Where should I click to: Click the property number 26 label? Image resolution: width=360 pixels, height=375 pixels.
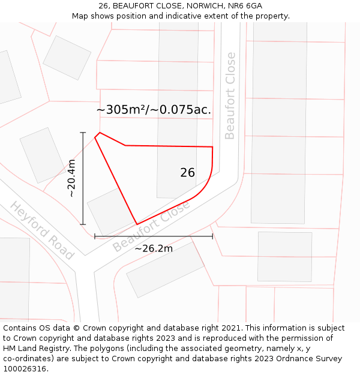coord(187,173)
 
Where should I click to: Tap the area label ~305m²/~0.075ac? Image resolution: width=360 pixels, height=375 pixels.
coord(154,110)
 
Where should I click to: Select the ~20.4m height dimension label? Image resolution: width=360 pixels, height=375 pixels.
coord(71,178)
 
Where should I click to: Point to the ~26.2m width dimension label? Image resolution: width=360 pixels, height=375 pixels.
coord(154,248)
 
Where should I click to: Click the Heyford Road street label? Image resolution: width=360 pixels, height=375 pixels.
coord(41,230)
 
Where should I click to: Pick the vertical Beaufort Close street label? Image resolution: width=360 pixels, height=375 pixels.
coord(230,96)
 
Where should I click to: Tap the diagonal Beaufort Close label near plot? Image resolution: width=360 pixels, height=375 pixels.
coord(151,226)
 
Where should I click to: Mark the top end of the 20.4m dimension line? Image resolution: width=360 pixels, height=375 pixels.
coord(83,133)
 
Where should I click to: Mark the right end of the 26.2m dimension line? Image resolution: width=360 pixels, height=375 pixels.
coord(212,236)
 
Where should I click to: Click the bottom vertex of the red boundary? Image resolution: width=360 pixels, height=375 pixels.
coord(137,224)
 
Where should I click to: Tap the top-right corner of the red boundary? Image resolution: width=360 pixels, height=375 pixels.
coord(212,146)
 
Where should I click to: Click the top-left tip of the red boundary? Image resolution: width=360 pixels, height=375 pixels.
coord(99,133)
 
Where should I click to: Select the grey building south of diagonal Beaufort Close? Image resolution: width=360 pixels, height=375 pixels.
coord(166,269)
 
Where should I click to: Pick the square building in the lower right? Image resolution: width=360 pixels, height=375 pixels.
coord(284,256)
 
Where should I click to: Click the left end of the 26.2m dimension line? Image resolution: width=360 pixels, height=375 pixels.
coord(95,236)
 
